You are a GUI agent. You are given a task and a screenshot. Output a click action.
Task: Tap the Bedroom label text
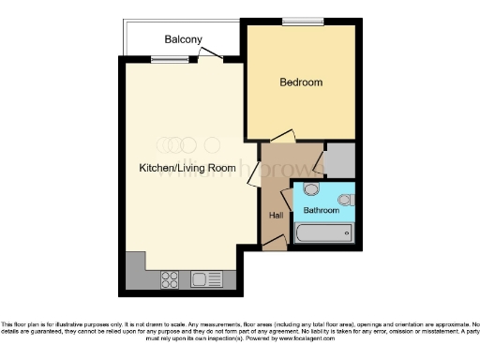[301, 82]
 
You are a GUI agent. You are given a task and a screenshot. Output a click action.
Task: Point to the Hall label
[277, 216]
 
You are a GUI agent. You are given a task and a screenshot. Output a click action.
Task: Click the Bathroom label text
[321, 211]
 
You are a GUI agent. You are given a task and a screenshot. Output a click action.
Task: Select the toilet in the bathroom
[346, 199]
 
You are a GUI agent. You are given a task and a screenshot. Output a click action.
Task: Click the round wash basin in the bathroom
[312, 190]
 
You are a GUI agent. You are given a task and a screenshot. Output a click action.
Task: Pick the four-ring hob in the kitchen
[171, 278]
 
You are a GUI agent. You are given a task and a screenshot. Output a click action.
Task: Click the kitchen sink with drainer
[205, 278]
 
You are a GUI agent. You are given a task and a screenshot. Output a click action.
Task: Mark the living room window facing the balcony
[170, 59]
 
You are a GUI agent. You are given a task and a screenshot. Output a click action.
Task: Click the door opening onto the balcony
[211, 55]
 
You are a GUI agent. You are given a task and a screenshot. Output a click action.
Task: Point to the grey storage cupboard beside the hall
[339, 160]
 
